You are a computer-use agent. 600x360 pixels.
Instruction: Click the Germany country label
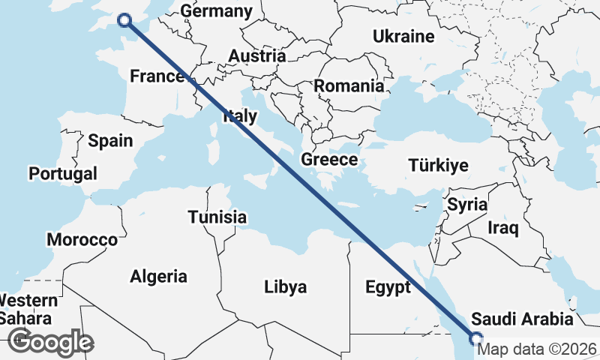click(x=216, y=11)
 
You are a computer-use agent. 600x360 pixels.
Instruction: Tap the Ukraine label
click(x=403, y=36)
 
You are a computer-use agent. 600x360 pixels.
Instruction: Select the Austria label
click(x=256, y=56)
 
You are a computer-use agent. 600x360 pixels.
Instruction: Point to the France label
click(x=157, y=76)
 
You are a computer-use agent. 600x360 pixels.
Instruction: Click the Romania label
click(x=349, y=85)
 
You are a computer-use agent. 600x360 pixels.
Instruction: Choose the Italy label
click(x=240, y=116)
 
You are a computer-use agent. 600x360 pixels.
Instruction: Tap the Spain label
click(x=110, y=140)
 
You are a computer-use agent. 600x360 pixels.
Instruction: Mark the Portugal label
click(x=63, y=173)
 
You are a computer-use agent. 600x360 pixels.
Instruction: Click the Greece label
click(x=329, y=159)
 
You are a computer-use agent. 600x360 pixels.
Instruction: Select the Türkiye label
click(x=438, y=166)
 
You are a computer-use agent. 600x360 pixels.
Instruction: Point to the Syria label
click(x=467, y=204)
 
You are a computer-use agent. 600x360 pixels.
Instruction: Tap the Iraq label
click(x=504, y=226)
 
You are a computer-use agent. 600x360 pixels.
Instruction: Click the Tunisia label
click(x=217, y=217)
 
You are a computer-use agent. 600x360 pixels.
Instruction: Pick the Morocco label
click(x=82, y=240)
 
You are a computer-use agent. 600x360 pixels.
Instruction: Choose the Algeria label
click(x=158, y=276)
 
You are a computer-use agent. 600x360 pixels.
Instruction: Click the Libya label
click(x=285, y=286)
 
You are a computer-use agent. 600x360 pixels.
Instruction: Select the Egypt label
click(x=388, y=286)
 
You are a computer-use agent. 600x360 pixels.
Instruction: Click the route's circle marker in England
click(x=124, y=20)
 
